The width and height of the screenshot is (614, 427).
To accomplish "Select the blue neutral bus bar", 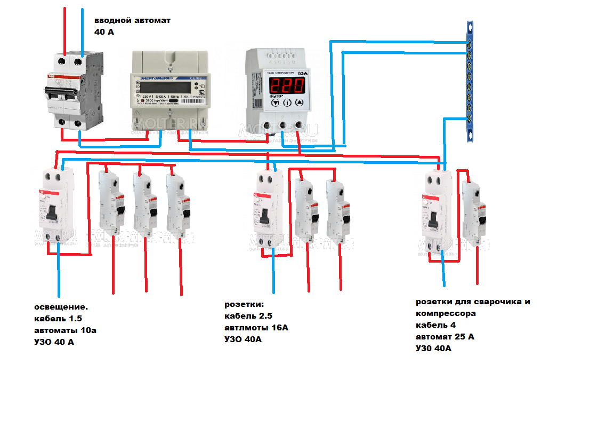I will [x=469, y=81].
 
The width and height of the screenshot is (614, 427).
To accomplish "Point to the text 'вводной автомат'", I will [x=132, y=20].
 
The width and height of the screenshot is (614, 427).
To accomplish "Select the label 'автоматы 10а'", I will [x=65, y=330].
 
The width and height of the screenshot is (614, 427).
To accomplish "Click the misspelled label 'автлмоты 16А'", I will [x=256, y=327].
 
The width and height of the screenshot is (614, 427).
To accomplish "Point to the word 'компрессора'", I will [x=446, y=313].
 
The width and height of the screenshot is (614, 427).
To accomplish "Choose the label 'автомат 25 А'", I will [x=445, y=337].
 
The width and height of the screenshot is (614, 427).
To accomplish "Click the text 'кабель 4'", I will [x=435, y=325].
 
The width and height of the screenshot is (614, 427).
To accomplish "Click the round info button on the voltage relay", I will [x=286, y=103].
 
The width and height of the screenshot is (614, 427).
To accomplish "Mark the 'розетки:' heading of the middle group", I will [x=244, y=304].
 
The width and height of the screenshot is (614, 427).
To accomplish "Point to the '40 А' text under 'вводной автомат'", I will [x=104, y=32].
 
